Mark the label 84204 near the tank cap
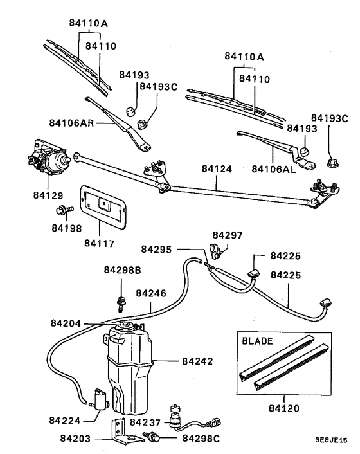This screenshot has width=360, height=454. point(67,323)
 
